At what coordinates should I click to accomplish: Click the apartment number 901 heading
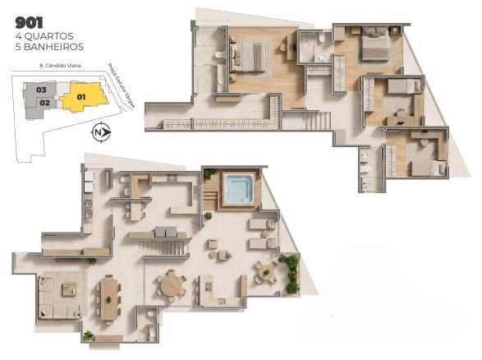[x=29, y=23]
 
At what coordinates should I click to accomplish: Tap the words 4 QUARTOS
[x=44, y=36]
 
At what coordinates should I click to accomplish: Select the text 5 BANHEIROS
[x=49, y=47]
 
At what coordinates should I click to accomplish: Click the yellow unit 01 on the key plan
[x=83, y=97]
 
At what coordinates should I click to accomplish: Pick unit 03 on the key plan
[x=40, y=90]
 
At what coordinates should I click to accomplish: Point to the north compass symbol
[x=100, y=132]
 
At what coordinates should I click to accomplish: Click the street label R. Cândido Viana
[x=60, y=66]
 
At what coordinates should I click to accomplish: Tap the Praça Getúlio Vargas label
[x=122, y=85]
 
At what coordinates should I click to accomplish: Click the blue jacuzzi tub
[x=238, y=188]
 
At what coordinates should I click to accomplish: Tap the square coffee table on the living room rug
[x=70, y=289]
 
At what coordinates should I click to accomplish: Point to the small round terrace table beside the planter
[x=266, y=272]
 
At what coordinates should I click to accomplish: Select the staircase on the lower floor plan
[x=164, y=247]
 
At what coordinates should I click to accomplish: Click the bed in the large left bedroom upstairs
[x=247, y=58]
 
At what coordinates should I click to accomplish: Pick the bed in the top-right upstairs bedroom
[x=375, y=44]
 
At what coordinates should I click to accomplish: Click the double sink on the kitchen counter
[x=88, y=209]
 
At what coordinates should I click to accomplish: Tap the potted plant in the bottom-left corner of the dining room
[x=89, y=335]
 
